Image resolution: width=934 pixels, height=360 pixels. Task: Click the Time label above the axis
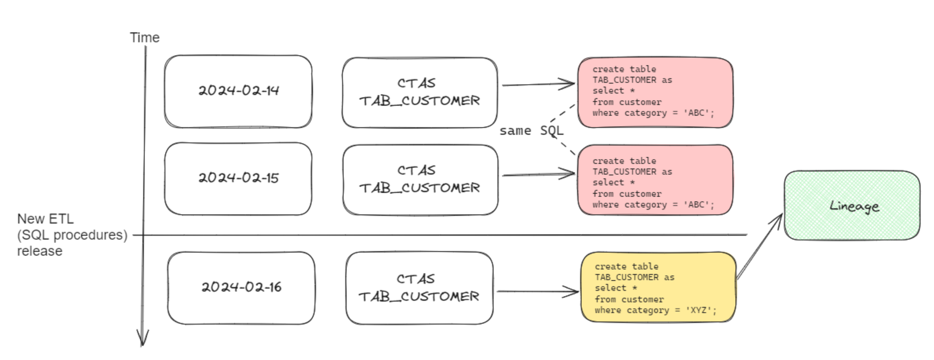pyautogui.click(x=144, y=38)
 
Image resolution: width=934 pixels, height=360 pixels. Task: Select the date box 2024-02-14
pyautogui.click(x=238, y=91)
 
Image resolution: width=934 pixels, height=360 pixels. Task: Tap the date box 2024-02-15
pyautogui.click(x=238, y=178)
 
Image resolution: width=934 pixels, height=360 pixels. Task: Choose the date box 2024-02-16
pyautogui.click(x=241, y=288)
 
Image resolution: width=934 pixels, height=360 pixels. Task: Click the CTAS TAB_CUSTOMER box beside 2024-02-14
pyautogui.click(x=419, y=92)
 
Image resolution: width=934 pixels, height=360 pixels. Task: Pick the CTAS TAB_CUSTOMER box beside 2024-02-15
pyautogui.click(x=420, y=179)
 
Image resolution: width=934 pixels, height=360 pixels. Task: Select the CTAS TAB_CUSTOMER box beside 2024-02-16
pyautogui.click(x=419, y=288)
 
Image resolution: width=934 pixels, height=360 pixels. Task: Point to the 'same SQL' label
pyautogui.click(x=531, y=131)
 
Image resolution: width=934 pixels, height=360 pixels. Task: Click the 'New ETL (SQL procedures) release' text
pyautogui.click(x=72, y=235)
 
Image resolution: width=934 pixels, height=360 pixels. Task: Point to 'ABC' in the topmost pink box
pyautogui.click(x=696, y=113)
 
